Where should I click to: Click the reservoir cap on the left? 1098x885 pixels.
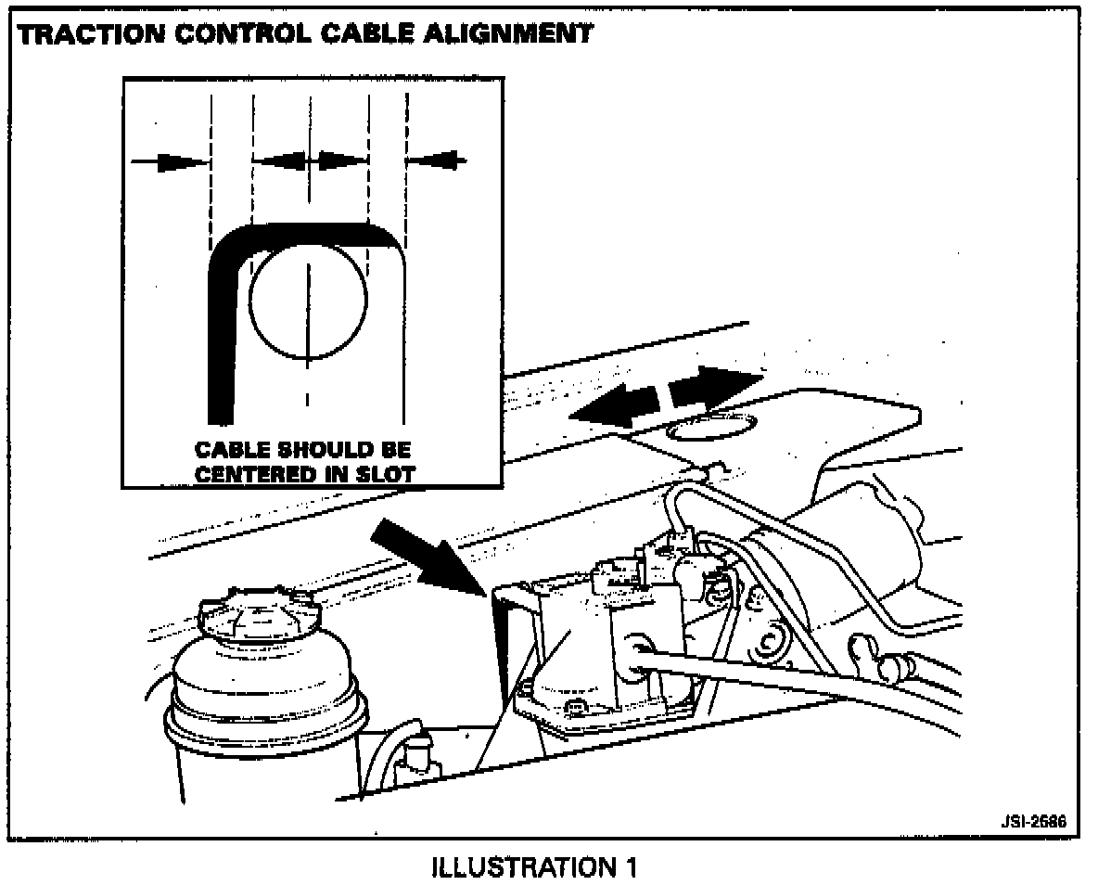253,618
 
